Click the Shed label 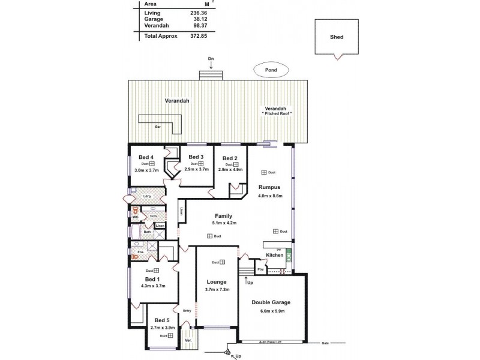point(337,36)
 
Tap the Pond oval point(271,70)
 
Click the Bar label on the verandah point(158,127)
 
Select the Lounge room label point(216,281)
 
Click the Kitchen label point(274,255)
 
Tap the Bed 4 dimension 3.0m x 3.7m point(146,170)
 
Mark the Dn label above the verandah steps point(211,58)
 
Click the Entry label point(187,311)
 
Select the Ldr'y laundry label point(146,196)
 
